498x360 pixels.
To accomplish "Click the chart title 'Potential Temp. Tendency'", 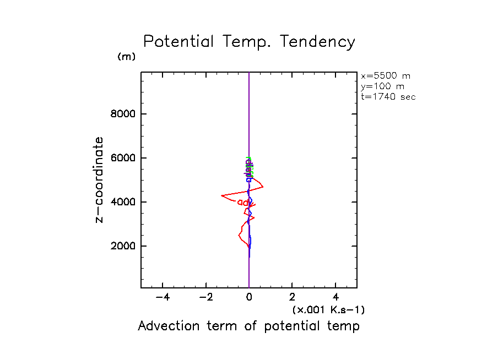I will [x=249, y=42].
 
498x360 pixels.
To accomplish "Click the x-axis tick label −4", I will [x=162, y=298].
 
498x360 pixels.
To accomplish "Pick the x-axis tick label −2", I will [x=205, y=298].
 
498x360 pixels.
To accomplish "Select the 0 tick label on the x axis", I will [x=249, y=298].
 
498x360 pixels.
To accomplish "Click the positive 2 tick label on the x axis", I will [x=293, y=298].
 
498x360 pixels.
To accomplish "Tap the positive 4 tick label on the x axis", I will [x=336, y=298].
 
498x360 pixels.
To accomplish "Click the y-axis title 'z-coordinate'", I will [x=100, y=179].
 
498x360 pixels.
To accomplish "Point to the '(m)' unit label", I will [x=126, y=57].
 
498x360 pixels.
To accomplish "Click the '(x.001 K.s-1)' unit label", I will [x=328, y=310].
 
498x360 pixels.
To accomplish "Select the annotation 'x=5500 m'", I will [x=385, y=76].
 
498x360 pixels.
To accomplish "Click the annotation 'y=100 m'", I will [x=381, y=86].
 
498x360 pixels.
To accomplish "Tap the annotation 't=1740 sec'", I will [x=388, y=97].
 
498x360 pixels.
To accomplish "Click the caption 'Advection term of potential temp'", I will [x=248, y=326].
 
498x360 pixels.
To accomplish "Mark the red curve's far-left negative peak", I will [x=221, y=195].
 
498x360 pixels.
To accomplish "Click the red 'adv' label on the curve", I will [x=244, y=203].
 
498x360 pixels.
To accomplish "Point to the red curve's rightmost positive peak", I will [x=263, y=187].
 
